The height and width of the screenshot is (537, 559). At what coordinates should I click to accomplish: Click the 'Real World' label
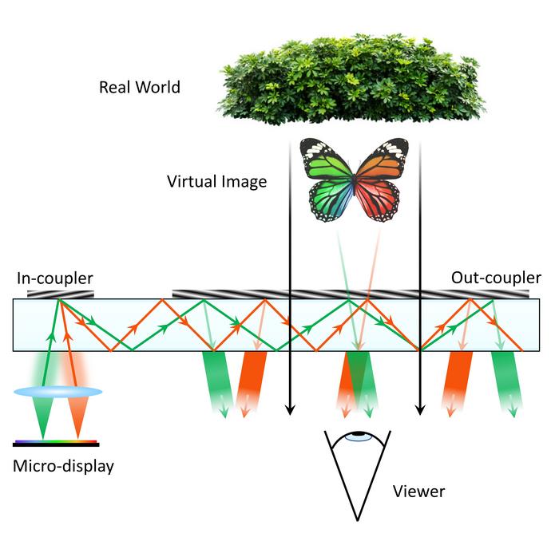click(x=139, y=87)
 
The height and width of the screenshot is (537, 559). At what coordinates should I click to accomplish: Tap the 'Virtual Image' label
click(x=216, y=181)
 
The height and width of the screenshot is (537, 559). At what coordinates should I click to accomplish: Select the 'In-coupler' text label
click(x=55, y=278)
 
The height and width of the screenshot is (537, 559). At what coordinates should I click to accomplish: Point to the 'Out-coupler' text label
click(x=496, y=278)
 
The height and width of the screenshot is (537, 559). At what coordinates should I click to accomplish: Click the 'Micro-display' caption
click(x=63, y=465)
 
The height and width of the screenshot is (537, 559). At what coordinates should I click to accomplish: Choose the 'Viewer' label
click(x=418, y=491)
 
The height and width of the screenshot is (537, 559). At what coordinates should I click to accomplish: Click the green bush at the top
click(x=351, y=80)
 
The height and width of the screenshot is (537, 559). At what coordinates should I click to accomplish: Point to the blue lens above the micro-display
click(x=57, y=392)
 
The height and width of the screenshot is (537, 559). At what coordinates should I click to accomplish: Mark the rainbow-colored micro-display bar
click(x=56, y=442)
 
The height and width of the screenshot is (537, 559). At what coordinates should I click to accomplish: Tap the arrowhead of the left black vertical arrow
click(x=290, y=410)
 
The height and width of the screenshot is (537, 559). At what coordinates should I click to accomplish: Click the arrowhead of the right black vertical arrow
click(x=420, y=410)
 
